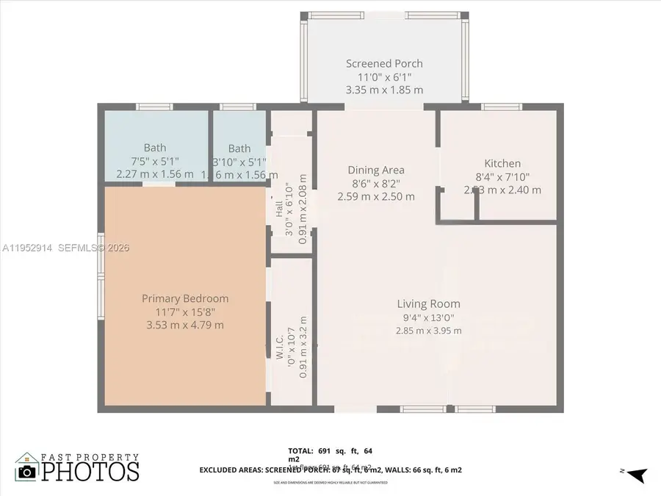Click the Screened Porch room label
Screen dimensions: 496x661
click(x=384, y=64)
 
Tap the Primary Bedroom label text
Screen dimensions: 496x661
click(x=185, y=298)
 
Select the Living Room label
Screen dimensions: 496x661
click(x=429, y=303)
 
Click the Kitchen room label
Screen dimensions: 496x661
click(x=502, y=163)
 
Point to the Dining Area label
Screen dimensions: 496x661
click(x=376, y=170)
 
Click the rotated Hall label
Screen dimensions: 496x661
click(x=279, y=209)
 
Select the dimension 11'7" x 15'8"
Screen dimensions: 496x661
click(x=185, y=312)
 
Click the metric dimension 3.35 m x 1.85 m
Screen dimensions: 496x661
click(x=384, y=90)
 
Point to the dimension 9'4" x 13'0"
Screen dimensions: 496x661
click(x=429, y=317)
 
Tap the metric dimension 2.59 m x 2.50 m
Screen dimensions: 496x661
click(x=376, y=196)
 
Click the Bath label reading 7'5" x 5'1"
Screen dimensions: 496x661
click(x=155, y=161)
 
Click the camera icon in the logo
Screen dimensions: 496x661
click(x=27, y=471)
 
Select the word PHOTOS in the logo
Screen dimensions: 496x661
click(x=90, y=471)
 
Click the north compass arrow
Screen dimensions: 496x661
click(x=636, y=475)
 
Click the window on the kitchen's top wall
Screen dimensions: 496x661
click(x=502, y=107)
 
